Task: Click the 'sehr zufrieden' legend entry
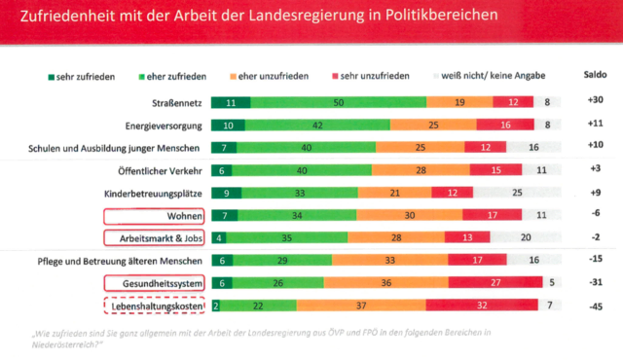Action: click(80, 75)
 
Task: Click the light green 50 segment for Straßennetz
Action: click(338, 102)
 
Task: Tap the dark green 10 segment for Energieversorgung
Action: click(226, 125)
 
